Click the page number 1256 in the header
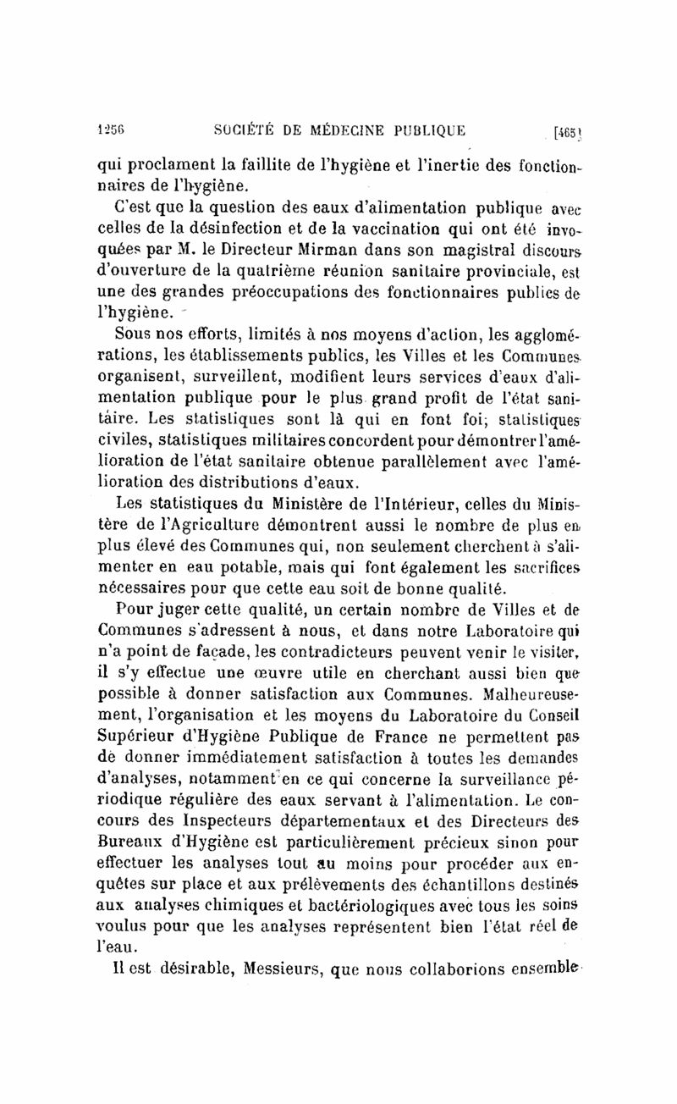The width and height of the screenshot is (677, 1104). [x=112, y=130]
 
